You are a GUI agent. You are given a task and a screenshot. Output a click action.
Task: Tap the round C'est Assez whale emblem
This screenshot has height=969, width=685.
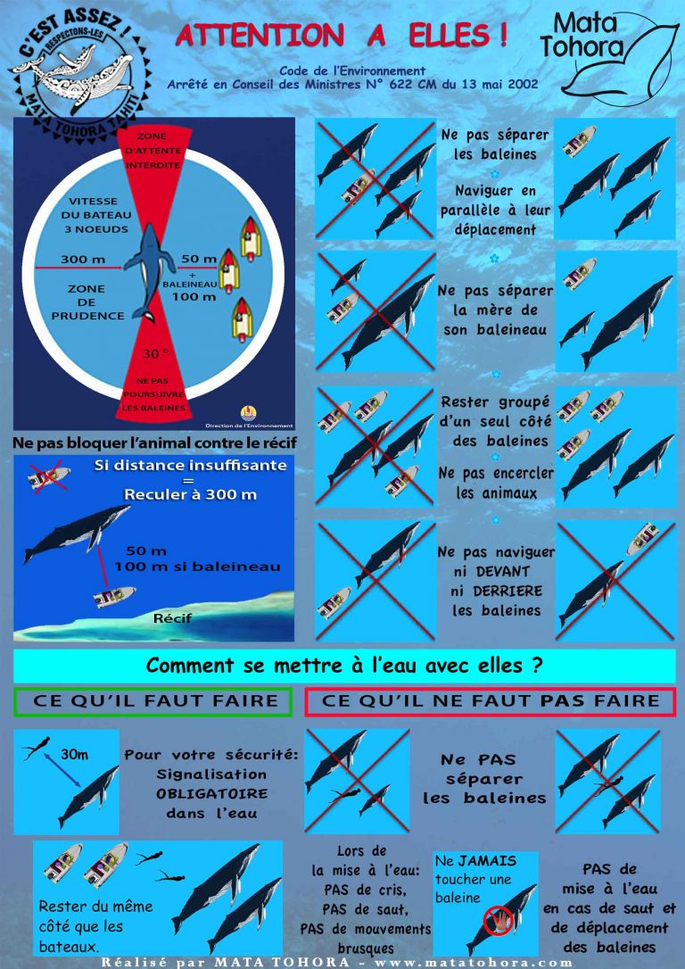[x=80, y=73]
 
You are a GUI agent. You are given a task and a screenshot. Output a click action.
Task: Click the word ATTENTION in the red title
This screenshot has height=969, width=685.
[x=260, y=36]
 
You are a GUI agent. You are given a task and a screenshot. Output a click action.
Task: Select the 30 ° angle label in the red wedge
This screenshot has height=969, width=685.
[x=152, y=354]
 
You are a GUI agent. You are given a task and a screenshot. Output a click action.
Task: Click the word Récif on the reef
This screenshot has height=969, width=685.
[x=172, y=617]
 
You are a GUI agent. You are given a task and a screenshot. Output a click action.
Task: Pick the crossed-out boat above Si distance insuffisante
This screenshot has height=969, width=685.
[x=49, y=476]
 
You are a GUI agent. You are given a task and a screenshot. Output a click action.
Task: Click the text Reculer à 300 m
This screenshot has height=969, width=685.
[x=190, y=495]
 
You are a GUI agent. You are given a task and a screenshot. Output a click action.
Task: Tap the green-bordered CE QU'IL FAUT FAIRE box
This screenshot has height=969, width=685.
[x=153, y=701]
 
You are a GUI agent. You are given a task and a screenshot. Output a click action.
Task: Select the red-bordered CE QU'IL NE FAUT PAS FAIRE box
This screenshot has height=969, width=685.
[x=491, y=701]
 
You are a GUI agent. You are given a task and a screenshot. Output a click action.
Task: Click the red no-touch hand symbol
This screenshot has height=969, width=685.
[x=498, y=920]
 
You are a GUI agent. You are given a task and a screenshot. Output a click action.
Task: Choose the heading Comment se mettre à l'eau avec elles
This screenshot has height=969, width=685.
[x=344, y=666]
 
